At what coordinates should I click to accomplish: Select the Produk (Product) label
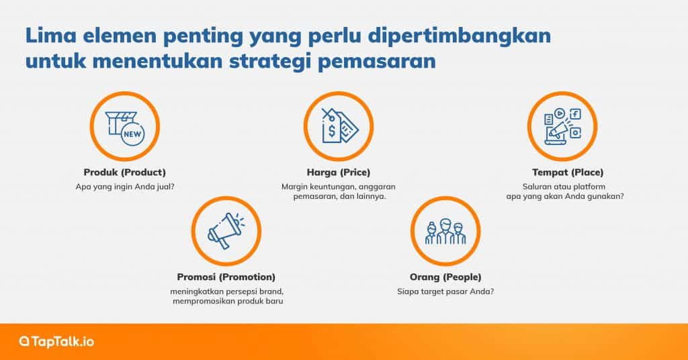(x=124, y=172)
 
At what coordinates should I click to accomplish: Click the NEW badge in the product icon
(x=132, y=134)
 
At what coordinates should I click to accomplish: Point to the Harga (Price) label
(x=338, y=172)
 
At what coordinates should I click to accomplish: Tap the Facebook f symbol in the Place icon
(x=576, y=114)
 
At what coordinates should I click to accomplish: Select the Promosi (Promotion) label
(x=226, y=277)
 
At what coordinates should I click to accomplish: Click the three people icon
(x=445, y=232)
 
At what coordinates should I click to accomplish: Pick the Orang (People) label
(x=445, y=277)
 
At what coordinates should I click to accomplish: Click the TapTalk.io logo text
(x=62, y=342)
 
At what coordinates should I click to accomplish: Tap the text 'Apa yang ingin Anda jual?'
(x=124, y=187)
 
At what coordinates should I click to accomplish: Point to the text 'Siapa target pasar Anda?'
(x=445, y=291)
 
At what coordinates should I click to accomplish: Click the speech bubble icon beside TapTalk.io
(x=24, y=342)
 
